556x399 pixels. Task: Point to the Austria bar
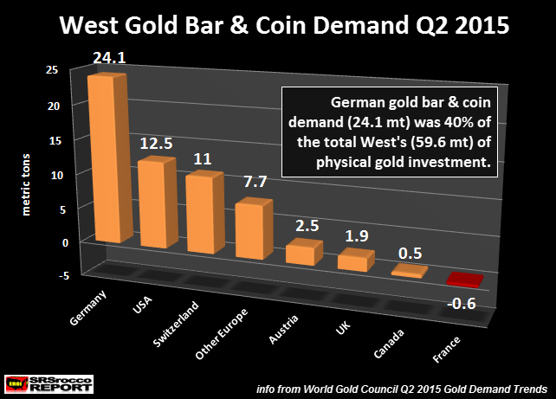[x=304, y=252]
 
